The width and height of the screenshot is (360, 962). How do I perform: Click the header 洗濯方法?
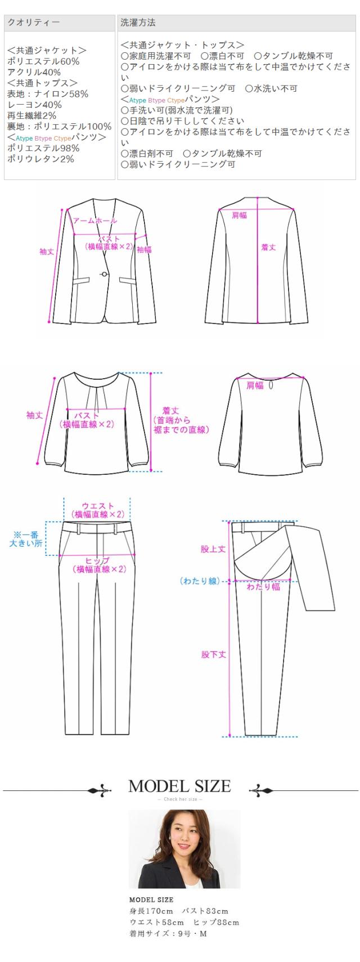[x=138, y=23]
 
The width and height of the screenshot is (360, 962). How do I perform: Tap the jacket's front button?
[x=104, y=274]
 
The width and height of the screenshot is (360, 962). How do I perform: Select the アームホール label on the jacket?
[x=94, y=221]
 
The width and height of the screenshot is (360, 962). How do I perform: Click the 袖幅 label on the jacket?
[x=145, y=250]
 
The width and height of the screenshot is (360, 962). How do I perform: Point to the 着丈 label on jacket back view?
[x=268, y=247]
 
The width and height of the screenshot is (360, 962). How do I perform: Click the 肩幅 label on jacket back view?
[x=240, y=215]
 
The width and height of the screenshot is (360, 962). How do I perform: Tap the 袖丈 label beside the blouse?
[x=34, y=415]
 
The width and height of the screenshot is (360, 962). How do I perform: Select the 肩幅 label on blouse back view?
[x=255, y=385]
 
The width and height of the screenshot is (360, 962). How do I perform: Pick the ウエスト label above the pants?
[x=98, y=506]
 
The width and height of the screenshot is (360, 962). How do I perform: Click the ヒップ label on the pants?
[x=98, y=561]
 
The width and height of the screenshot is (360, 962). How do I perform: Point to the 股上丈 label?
[x=213, y=549]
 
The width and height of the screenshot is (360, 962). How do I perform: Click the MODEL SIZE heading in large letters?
[x=179, y=786]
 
